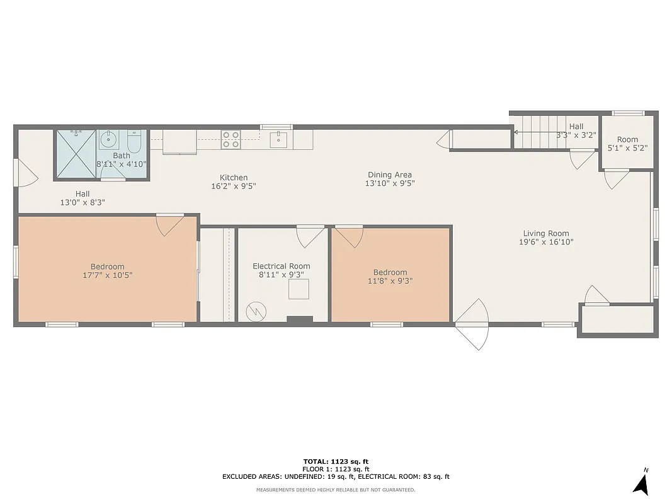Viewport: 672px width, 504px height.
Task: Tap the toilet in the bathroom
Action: pos(134,141)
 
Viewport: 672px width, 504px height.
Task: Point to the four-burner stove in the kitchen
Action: pos(230,139)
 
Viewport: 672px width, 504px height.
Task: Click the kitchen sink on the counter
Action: pos(278,139)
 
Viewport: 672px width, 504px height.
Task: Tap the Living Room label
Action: pos(545,233)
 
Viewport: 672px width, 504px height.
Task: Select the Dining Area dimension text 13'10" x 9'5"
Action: pos(390,183)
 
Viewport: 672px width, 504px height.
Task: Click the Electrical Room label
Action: pos(281,266)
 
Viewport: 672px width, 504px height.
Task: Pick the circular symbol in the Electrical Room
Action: pos(256,311)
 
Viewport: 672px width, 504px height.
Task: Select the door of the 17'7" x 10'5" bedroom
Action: pos(169,224)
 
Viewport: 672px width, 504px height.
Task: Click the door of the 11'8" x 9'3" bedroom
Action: pos(349,236)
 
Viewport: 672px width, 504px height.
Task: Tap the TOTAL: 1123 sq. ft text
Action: pos(336,461)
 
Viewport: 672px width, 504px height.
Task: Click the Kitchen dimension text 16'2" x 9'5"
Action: pos(233,186)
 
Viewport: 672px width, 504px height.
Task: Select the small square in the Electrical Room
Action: pos(299,289)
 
